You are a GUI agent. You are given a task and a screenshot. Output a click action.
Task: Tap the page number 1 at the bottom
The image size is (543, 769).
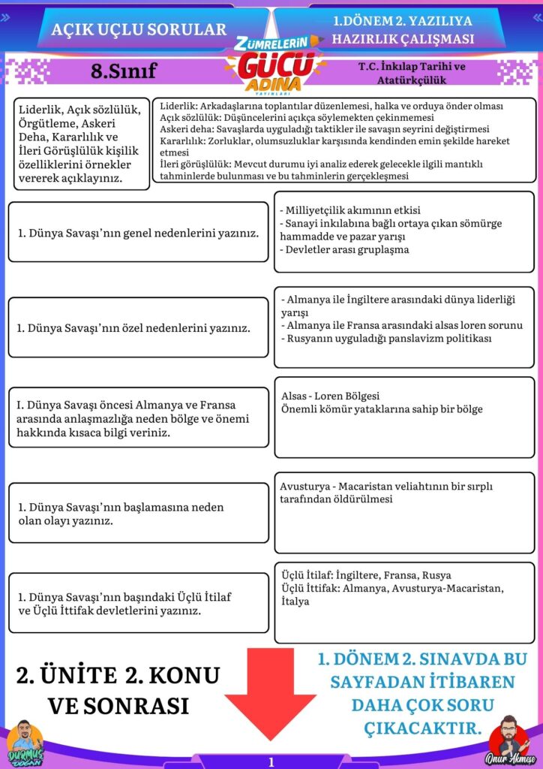[x=271, y=761]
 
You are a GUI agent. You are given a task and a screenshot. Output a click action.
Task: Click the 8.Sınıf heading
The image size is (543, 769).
[x=123, y=71]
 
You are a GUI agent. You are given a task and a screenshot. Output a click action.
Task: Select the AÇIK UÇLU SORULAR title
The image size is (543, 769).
[x=139, y=29]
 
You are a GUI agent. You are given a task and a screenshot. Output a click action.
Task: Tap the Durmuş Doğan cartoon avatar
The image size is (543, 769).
[x=24, y=743]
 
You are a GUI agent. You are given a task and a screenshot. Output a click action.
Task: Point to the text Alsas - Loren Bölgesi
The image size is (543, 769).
[x=330, y=396]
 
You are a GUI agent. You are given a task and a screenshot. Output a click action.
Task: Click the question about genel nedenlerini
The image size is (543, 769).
[x=138, y=233]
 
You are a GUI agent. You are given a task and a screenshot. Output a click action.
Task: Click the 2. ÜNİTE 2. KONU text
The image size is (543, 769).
[x=118, y=675]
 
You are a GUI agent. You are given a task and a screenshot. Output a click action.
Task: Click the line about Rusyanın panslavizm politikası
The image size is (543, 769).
[x=385, y=339]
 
